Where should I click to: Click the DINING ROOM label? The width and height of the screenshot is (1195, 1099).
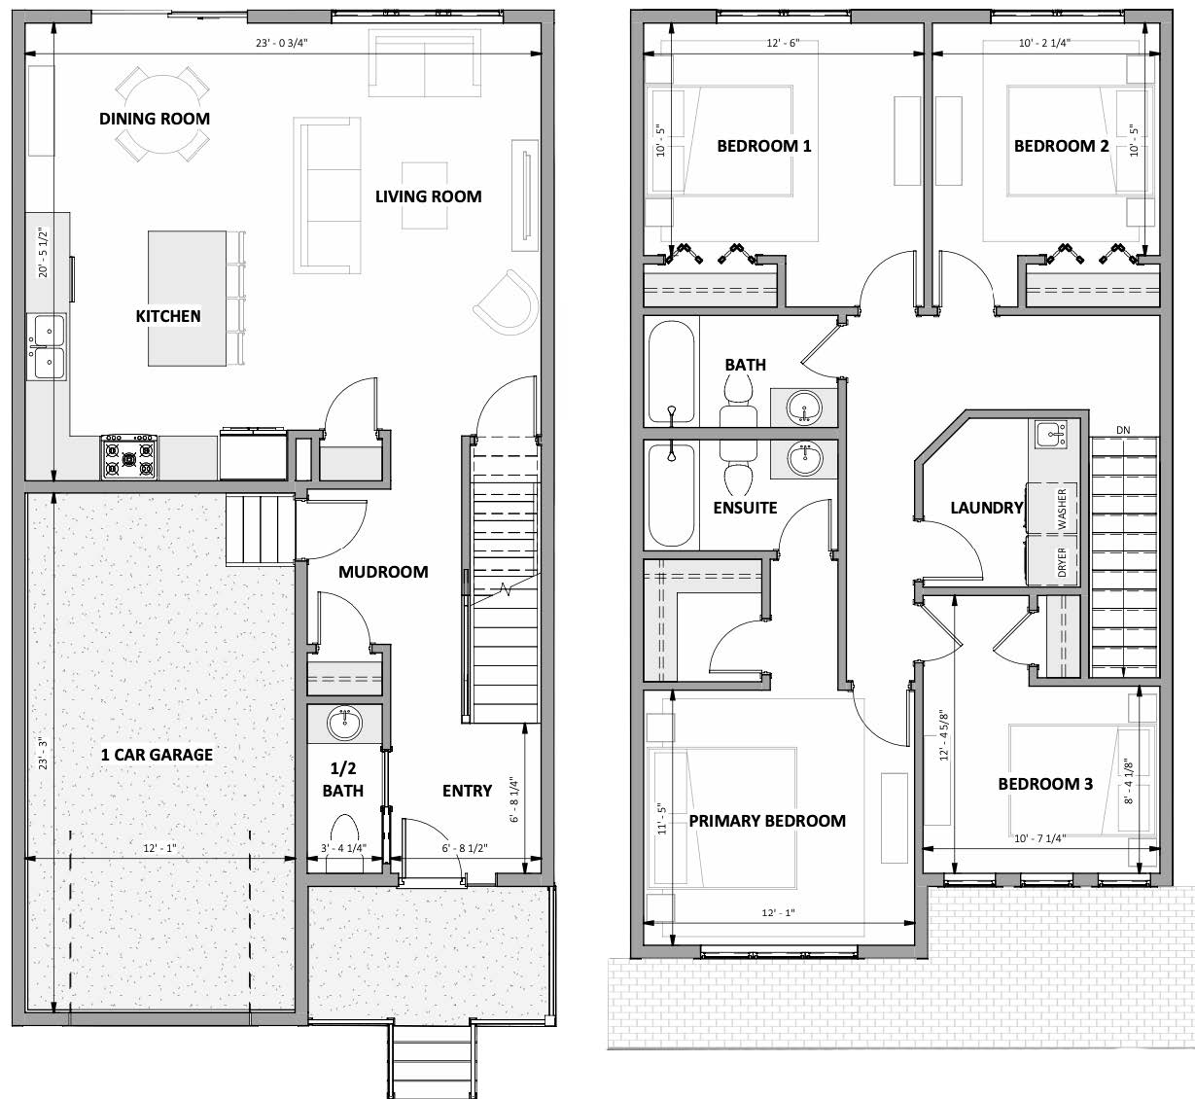(155, 119)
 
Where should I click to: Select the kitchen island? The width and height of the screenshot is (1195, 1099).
(187, 298)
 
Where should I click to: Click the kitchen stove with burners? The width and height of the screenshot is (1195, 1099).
(129, 456)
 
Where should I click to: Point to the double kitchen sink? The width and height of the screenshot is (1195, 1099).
(47, 347)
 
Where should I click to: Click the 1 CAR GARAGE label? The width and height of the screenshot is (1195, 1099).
(157, 755)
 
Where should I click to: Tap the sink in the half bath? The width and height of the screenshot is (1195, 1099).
(344, 723)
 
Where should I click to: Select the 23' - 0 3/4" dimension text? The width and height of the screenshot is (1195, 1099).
(282, 43)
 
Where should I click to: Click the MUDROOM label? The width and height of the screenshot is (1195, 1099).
(383, 572)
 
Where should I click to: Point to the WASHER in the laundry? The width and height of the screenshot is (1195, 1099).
(1052, 508)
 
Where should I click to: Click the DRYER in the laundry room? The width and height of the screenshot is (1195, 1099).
(1052, 560)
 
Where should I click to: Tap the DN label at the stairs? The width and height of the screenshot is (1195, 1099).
(1123, 430)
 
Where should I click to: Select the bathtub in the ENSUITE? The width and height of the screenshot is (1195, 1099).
(671, 495)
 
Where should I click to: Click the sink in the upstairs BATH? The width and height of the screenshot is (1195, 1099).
(804, 408)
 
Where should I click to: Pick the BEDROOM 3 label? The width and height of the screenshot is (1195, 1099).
(1045, 784)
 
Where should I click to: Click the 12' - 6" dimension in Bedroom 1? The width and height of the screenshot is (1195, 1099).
(783, 43)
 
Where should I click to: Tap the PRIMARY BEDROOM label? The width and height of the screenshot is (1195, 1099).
(767, 821)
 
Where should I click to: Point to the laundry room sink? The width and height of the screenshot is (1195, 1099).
(1050, 434)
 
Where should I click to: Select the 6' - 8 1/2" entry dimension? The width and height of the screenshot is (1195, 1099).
(465, 848)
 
